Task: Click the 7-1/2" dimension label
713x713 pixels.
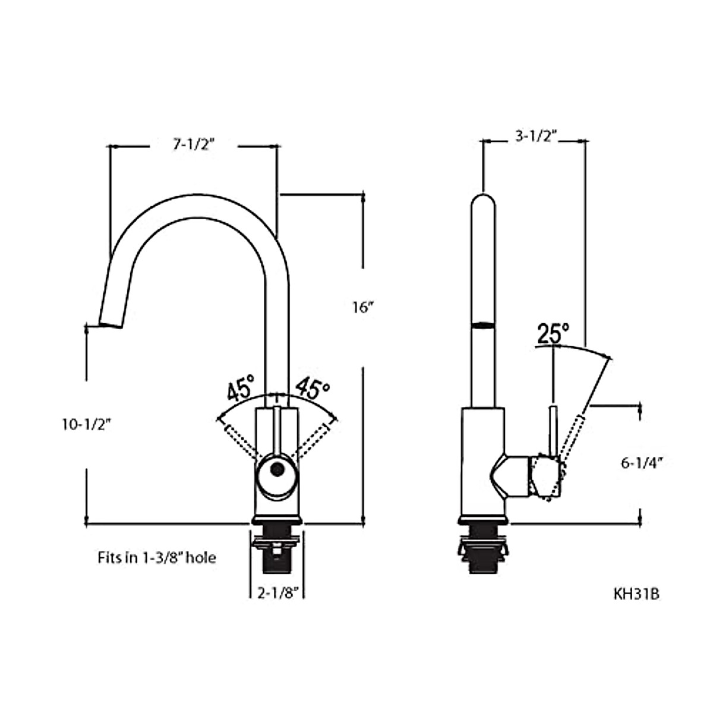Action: (194, 144)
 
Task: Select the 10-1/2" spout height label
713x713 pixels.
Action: (87, 424)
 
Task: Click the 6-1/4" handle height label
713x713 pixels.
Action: (642, 463)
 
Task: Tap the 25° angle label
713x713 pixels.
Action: (553, 333)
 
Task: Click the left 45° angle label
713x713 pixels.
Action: (241, 389)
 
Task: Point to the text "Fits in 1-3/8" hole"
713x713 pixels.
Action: (156, 558)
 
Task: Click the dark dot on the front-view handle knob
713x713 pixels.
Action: (276, 469)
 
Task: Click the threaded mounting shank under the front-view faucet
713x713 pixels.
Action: (276, 553)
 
